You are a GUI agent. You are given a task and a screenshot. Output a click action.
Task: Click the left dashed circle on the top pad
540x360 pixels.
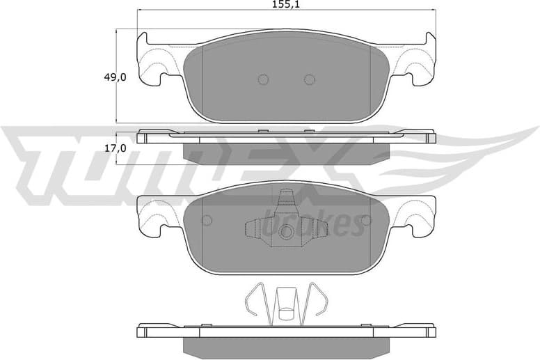263,79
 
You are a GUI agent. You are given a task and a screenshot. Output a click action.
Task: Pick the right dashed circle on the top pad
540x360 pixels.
309,79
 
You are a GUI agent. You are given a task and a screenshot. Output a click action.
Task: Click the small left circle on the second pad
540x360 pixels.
206,221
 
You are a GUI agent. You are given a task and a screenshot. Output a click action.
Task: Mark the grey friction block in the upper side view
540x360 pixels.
286,150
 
